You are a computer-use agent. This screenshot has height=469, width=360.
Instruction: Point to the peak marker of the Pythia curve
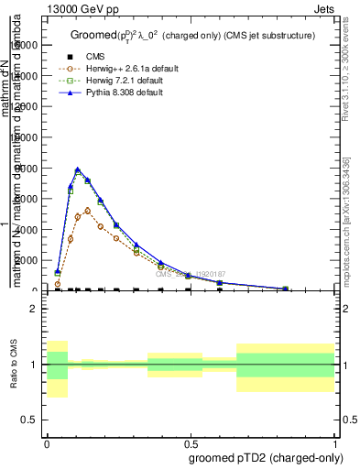78,169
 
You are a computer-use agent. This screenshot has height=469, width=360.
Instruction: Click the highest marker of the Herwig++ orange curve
88,210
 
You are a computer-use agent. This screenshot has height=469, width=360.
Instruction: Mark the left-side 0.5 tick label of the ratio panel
31,420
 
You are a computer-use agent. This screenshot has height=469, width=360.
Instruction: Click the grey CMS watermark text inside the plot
190,274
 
